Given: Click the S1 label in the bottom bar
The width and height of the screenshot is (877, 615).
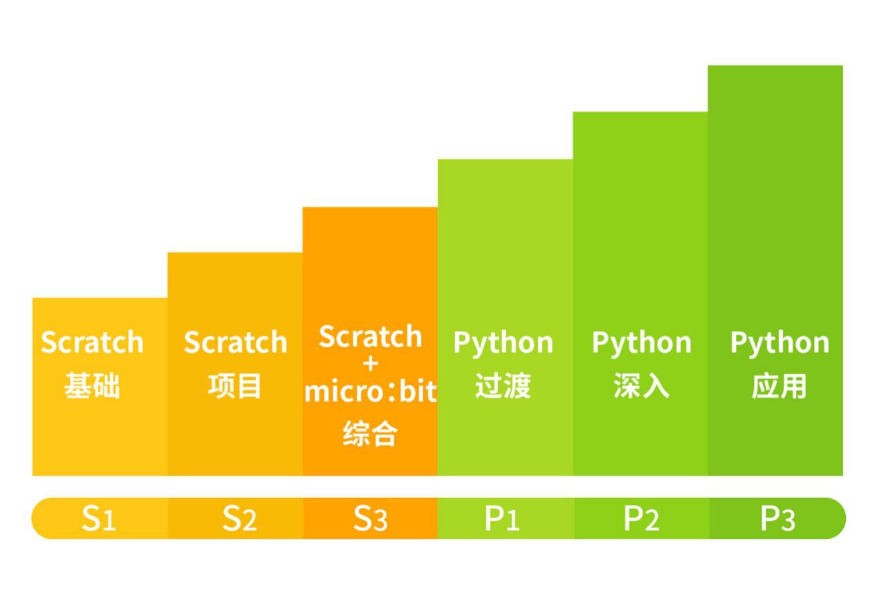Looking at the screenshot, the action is tap(99, 519).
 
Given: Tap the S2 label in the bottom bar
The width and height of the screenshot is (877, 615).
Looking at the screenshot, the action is tap(239, 519).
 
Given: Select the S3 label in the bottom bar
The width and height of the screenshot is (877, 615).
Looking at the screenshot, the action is tap(371, 519).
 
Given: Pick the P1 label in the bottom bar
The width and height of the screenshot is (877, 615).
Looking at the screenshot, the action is tap(502, 519).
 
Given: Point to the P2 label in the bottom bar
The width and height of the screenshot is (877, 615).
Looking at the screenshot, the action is tap(641, 519).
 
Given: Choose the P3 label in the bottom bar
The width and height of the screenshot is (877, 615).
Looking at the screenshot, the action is tap(777, 519).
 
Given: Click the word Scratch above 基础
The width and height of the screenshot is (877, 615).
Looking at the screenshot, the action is tap(93, 342).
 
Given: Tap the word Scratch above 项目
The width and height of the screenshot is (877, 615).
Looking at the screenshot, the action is tap(236, 342).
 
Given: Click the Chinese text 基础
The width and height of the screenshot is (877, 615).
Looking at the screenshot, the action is tap(93, 386).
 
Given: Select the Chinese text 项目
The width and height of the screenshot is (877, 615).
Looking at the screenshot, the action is tap(234, 386).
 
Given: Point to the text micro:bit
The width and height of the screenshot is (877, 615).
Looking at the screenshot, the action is tap(371, 391).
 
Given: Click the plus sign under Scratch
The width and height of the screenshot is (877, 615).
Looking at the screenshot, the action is tap(371, 365).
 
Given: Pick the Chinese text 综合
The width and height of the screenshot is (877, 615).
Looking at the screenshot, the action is tap(371, 433).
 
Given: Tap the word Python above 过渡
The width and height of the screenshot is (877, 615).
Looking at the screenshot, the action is tap(503, 344).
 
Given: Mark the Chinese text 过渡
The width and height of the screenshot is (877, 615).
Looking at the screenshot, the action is tap(503, 386).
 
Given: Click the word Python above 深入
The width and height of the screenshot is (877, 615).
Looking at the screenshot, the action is tap(642, 344).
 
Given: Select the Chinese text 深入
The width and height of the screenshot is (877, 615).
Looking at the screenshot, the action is tap(641, 386).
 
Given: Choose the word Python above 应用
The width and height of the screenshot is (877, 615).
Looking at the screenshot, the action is tap(780, 344).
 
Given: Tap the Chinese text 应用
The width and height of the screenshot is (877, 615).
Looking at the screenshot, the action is tap(779, 386).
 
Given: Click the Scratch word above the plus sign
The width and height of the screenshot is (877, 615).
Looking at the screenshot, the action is tap(371, 336).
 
